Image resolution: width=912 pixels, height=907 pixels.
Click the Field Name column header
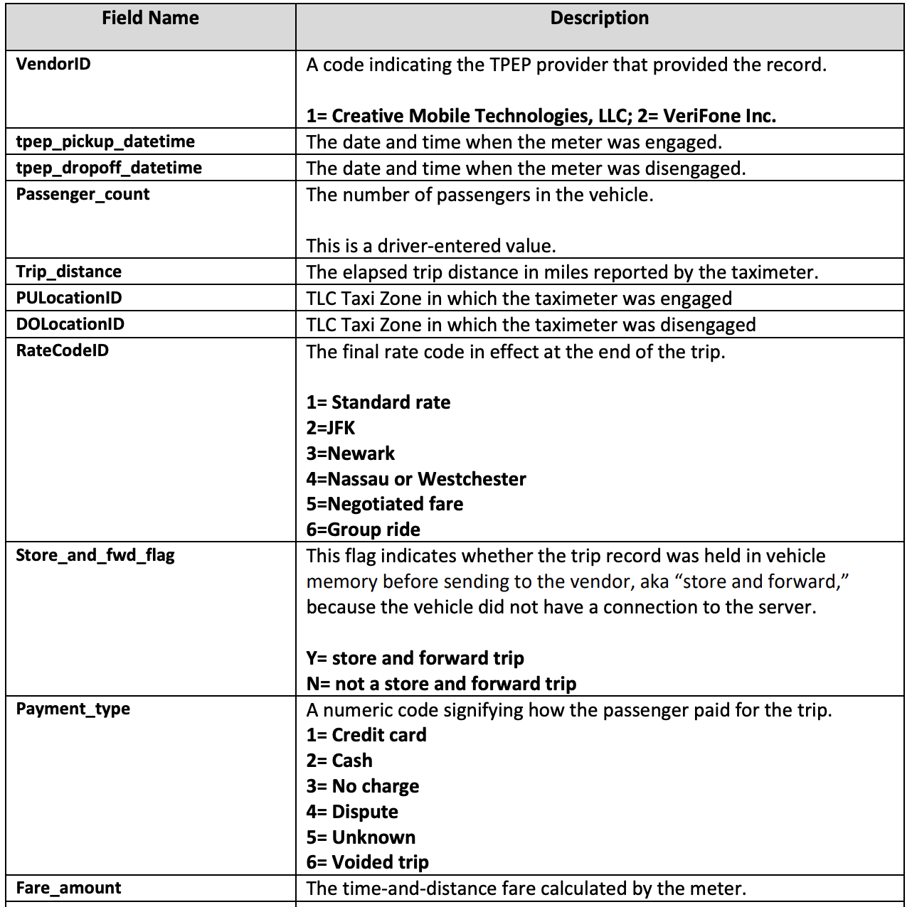150,18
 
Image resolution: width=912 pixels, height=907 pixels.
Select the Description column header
599,18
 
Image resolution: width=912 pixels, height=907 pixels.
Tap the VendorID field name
53,64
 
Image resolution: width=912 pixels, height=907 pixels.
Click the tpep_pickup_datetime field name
105,141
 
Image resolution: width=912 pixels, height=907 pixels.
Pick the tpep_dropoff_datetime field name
109,168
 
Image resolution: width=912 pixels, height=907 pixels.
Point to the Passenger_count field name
83,194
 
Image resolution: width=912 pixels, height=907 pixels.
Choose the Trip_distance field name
68,272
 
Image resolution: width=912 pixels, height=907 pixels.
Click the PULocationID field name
68,298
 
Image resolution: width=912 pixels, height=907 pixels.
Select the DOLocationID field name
70,324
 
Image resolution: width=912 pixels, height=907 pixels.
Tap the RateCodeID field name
62,350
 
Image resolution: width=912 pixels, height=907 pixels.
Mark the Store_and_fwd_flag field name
95,555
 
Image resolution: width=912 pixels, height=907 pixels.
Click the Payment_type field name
73,709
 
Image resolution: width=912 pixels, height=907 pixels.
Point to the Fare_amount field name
68,888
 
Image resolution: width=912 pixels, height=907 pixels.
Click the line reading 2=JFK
331,428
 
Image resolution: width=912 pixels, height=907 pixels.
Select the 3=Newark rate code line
351,453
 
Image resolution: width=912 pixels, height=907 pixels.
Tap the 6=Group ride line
364,530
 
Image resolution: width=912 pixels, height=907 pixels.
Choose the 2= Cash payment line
339,761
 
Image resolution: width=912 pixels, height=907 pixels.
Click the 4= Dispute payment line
352,812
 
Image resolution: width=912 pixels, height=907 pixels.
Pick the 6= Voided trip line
368,862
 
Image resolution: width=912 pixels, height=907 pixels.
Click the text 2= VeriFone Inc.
707,116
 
